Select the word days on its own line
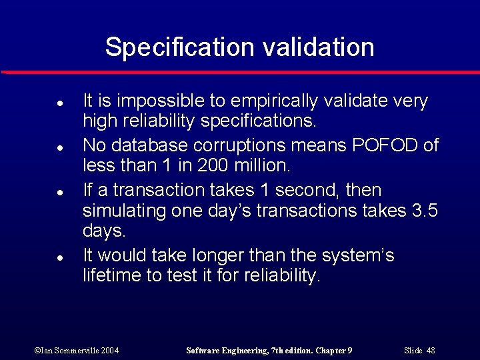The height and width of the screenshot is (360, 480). click(x=103, y=231)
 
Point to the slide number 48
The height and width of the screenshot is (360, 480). click(x=430, y=351)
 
